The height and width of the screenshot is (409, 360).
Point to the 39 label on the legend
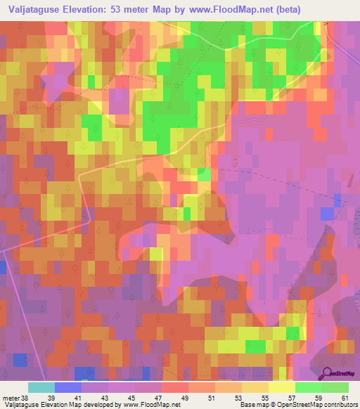coord(50,397)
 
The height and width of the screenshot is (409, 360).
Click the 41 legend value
coord(76,397)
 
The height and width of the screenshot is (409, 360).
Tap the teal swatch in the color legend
coord(41,387)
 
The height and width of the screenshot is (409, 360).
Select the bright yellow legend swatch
coord(282,387)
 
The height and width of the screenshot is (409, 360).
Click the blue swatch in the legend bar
coord(68,387)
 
